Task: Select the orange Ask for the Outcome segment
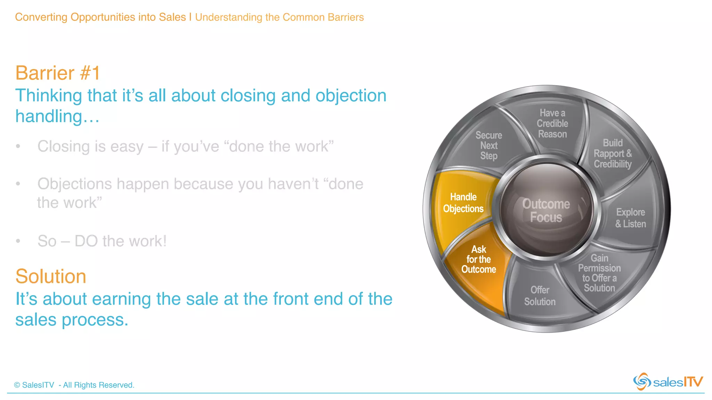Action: [478, 260]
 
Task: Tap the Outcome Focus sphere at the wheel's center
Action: [546, 210]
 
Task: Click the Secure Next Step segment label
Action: [488, 145]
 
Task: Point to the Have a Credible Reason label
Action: [552, 124]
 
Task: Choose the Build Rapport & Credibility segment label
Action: [613, 153]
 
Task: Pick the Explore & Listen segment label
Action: [630, 218]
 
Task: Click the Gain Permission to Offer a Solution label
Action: [599, 273]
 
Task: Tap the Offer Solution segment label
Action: [540, 296]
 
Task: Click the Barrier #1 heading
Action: [58, 73]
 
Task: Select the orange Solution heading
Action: [51, 276]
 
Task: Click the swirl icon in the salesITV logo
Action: [642, 382]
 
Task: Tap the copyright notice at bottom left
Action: [74, 385]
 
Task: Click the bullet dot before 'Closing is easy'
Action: [18, 147]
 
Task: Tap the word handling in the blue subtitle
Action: [49, 117]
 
